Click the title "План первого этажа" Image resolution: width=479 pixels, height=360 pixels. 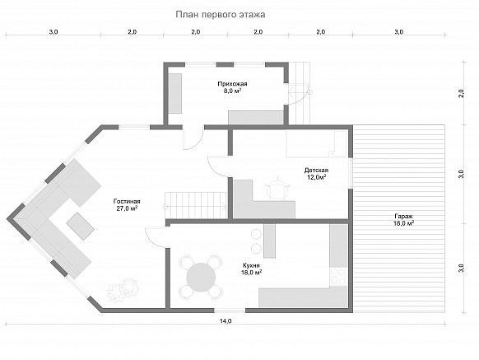221,15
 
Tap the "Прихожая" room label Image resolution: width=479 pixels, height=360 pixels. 232,83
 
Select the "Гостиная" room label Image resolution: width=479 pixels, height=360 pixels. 127,201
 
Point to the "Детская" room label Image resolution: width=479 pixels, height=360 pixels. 316,171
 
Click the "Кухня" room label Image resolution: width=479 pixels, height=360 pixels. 251,265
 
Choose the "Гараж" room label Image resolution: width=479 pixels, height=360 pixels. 403,216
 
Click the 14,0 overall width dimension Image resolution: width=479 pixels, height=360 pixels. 226,320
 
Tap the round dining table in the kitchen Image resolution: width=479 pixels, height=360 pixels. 201,277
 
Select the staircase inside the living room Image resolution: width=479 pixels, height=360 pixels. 196,205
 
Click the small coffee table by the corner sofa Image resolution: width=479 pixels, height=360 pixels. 80,226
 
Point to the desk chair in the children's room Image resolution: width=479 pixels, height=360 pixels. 277,189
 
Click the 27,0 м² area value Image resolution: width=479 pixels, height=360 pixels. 127,208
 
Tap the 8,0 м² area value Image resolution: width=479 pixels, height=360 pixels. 232,91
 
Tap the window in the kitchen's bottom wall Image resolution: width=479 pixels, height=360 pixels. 230,311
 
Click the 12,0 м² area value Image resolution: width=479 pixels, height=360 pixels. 316,177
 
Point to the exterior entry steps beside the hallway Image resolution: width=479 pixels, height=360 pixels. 300,93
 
